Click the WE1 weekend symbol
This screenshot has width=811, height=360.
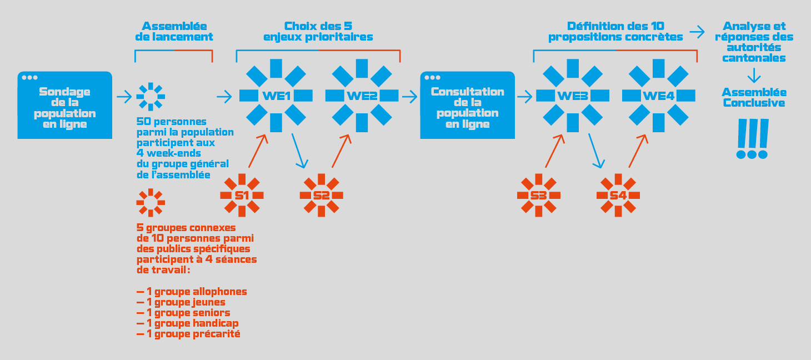(x=276, y=96)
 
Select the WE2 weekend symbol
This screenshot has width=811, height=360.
(x=362, y=96)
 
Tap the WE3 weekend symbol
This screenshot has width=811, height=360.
(x=573, y=96)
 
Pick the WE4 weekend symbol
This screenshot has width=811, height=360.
(x=659, y=96)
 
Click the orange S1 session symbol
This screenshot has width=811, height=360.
(x=242, y=196)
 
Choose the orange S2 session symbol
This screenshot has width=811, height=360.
(x=321, y=196)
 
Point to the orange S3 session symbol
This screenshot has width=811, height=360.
(x=538, y=196)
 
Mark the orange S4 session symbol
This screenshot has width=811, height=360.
(x=618, y=196)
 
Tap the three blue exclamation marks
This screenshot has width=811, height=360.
(x=752, y=139)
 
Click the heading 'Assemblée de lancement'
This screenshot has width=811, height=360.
(x=174, y=32)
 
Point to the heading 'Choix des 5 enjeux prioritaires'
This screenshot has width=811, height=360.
(x=318, y=32)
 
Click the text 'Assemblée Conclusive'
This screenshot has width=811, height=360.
(x=754, y=97)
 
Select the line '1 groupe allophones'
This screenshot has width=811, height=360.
(x=192, y=292)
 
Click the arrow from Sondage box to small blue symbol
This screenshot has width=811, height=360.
(x=124, y=97)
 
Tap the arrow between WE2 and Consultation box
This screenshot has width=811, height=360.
(x=409, y=97)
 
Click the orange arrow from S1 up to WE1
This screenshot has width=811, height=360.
(x=258, y=150)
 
